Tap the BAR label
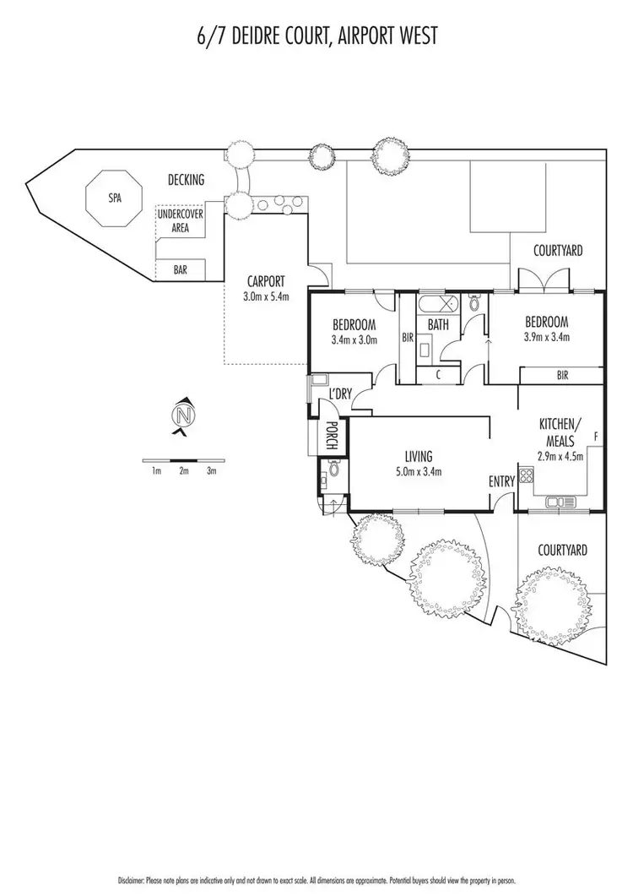coord(180,270)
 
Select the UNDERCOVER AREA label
coord(180,221)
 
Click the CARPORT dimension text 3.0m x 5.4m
coord(266,296)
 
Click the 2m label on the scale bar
coord(183,471)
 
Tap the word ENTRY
coord(501,481)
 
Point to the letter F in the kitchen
coord(596,436)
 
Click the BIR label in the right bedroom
coord(562,375)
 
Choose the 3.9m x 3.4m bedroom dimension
coord(546,337)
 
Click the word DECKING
coord(186,181)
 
